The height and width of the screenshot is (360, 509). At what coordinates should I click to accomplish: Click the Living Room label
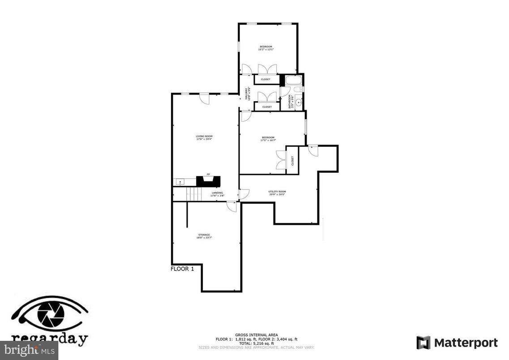[x=204, y=136]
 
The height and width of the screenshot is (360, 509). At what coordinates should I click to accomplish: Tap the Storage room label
[x=204, y=235]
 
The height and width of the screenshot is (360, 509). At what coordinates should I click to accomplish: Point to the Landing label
[x=217, y=193]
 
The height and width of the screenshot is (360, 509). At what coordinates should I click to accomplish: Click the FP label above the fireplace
[x=208, y=174]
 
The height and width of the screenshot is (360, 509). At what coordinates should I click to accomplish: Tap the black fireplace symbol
[x=209, y=181]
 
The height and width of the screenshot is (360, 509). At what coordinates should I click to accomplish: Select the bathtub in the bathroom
[x=294, y=81]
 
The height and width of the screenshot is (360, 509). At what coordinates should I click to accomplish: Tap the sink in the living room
[x=180, y=182]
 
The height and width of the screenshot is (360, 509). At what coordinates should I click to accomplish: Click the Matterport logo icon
[x=423, y=343]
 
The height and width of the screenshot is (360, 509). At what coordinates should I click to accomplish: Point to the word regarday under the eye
[x=49, y=338]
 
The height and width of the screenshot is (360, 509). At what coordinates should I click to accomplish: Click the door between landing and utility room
[x=244, y=194]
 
